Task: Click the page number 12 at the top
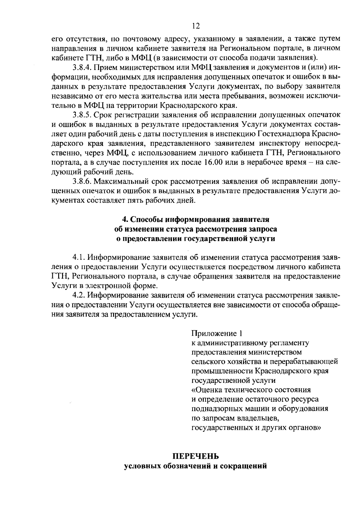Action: click(196, 26)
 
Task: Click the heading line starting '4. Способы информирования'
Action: click(196, 219)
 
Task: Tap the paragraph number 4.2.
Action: click(78, 295)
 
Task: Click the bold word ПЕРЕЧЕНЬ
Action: click(196, 457)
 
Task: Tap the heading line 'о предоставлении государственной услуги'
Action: click(196, 238)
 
